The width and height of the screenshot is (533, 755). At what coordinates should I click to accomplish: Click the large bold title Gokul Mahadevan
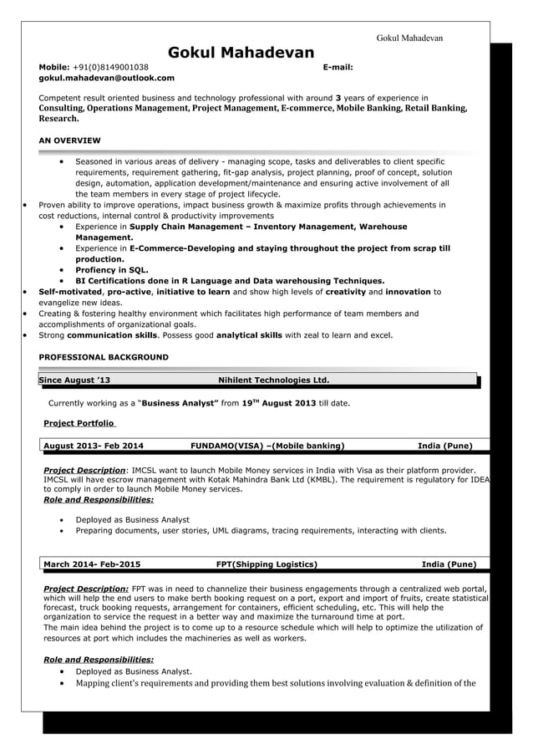pos(241,53)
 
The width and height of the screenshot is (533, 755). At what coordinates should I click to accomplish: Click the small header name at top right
pos(409,38)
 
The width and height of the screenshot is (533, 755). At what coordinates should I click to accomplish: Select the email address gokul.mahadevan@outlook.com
pos(107,78)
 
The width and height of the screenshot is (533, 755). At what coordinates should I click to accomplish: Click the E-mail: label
pos(338,67)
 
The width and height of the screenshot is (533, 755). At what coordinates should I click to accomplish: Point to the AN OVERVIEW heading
pos(70,140)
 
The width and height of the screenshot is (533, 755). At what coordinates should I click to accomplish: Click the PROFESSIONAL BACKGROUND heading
pos(104,357)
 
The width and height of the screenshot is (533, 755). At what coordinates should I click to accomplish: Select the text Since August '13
pos(74,380)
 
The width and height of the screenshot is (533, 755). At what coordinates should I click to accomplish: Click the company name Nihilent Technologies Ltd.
pos(273,380)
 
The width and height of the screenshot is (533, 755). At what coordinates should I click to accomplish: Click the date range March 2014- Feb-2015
pos(92,564)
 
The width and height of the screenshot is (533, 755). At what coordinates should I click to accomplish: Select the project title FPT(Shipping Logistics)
pos(266,564)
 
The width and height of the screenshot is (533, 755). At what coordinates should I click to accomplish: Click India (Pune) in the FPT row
pos(449,564)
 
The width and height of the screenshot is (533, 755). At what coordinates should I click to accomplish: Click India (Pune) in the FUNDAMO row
pos(444,446)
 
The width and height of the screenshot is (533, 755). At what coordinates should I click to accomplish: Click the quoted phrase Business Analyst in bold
pos(180,402)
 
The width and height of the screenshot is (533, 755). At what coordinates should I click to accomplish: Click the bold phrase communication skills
pos(112,335)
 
